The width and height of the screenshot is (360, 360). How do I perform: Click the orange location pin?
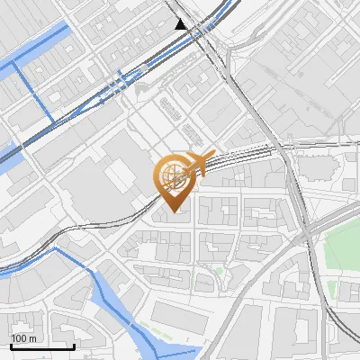174,180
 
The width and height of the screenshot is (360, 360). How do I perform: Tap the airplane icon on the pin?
200,163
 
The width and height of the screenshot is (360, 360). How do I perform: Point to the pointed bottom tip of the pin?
174,210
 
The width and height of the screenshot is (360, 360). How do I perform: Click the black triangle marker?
182,24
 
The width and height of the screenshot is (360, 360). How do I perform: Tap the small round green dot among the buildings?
220,271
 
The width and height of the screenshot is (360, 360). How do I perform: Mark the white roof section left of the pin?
117,175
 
